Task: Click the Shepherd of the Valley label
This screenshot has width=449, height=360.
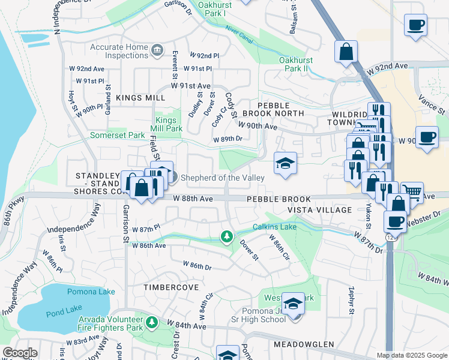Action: (222, 177)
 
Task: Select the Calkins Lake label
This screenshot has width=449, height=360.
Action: (274, 226)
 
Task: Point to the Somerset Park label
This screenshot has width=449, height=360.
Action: (117, 135)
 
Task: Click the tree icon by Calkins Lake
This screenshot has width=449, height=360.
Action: (226, 237)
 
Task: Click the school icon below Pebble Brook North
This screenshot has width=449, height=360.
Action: (285, 163)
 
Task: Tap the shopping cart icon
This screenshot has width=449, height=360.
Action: (412, 192)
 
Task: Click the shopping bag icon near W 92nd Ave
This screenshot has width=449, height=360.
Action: (346, 52)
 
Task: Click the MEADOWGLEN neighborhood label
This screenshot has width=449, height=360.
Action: (304, 344)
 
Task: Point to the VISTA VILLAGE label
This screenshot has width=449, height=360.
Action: (320, 209)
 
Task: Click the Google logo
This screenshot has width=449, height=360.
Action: (19, 353)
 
